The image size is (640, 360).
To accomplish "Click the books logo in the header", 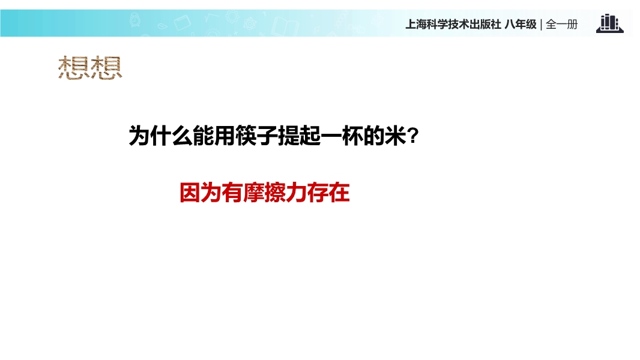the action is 610,23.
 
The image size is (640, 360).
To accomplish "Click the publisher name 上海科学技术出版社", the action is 453,25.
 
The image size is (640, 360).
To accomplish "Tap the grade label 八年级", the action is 521,25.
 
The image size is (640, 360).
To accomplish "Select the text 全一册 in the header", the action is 561,25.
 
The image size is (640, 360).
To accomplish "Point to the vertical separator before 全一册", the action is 541,25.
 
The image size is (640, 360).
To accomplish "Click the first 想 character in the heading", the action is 74,68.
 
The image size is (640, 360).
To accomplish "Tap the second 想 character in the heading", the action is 106,68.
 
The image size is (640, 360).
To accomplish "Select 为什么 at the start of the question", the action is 160,136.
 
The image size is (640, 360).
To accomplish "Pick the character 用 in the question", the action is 225,136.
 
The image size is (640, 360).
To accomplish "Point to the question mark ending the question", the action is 413,136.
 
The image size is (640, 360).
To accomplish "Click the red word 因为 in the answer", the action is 201,193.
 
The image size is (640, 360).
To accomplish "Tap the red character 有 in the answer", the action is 233,193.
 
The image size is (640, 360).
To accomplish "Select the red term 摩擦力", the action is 275,193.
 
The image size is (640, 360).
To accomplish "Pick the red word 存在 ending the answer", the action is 328,193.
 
